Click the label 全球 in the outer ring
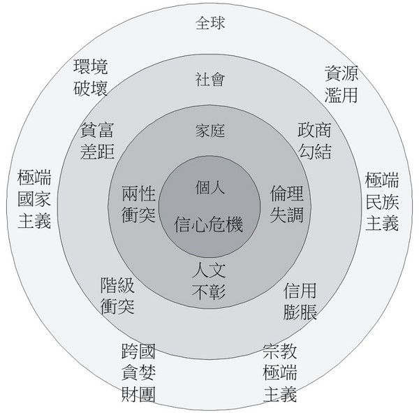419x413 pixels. pos(210,23)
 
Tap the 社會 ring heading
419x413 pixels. pos(210,80)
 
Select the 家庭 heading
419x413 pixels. pos(210,131)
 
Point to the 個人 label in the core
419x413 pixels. pos(210,187)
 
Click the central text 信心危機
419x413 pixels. pos(209,224)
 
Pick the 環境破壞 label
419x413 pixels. pos(91,78)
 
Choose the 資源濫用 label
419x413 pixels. pos(341,85)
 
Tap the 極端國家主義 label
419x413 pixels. pos(34,199)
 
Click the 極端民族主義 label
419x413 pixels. pos(382,201)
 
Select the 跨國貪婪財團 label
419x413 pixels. pos(138,373)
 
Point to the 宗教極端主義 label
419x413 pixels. pos(280,373)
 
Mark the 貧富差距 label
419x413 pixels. pos(97,140)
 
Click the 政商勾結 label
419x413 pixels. pos(315,140)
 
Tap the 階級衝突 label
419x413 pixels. pos(117,296)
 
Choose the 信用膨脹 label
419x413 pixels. pos(300,301)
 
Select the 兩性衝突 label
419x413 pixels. pos(138,204)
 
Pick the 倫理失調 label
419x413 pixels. pos(287,204)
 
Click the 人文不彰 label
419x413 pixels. pos(209,281)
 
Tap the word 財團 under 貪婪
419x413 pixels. pos(138,394)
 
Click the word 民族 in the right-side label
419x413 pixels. pos(382,201)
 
